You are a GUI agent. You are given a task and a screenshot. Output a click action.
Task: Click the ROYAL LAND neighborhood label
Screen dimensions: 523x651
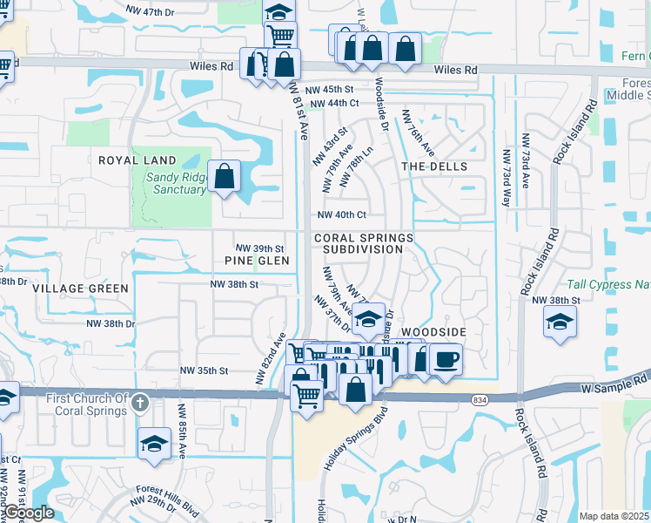(137, 161)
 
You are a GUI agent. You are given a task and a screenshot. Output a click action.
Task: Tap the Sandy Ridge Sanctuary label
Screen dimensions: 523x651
(176, 183)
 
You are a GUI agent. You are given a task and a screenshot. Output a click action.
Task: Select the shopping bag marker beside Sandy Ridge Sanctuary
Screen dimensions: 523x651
(225, 176)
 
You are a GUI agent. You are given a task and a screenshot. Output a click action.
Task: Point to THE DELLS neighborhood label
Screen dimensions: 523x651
(434, 166)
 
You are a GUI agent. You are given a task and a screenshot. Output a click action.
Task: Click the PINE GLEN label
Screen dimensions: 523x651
(251, 261)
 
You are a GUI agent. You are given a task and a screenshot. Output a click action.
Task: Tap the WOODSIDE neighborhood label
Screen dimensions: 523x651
(433, 333)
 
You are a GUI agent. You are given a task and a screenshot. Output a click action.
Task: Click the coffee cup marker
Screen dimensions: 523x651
(446, 359)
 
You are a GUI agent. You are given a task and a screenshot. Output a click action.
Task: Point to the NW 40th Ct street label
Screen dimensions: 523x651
(340, 214)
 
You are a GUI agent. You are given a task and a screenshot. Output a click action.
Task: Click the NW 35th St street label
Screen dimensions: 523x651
(200, 370)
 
